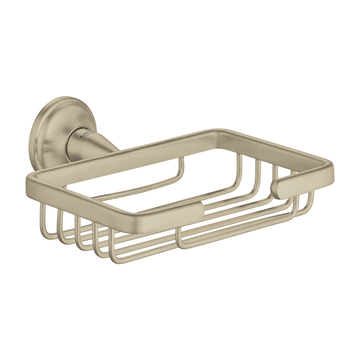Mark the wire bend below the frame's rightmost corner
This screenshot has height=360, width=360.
(311, 204)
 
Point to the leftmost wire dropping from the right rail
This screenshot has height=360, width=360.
(239, 169)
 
